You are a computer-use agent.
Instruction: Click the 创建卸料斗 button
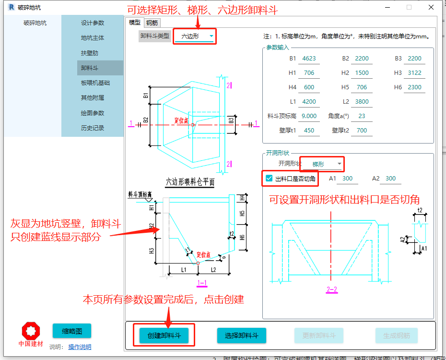(164, 336)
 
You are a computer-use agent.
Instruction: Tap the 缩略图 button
(71, 331)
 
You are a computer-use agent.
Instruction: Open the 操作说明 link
(79, 347)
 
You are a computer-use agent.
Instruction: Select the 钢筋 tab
(153, 23)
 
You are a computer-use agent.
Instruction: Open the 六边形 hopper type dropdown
(194, 36)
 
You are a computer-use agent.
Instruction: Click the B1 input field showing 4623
(308, 59)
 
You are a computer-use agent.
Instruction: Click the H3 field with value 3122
(414, 73)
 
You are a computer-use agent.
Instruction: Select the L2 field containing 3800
(362, 102)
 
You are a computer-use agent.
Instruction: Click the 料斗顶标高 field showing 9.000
(309, 116)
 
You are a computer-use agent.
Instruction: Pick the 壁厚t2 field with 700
(362, 131)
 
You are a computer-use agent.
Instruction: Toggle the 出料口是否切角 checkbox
(269, 179)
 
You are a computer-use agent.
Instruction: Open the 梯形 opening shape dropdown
(322, 164)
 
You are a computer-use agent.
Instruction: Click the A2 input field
(390, 179)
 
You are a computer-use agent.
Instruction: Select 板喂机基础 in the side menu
(95, 83)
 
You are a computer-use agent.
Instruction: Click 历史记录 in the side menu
(93, 128)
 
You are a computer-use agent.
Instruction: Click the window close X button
(431, 7)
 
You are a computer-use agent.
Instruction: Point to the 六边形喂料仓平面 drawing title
(190, 182)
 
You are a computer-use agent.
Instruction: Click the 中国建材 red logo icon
(31, 331)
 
